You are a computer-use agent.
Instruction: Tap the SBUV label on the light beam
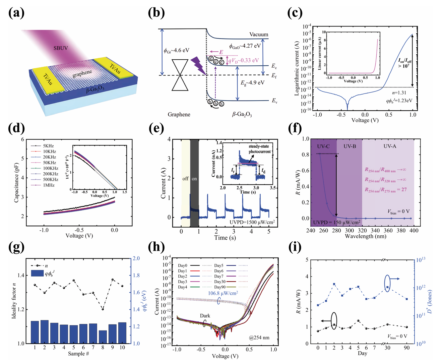(x=61, y=48)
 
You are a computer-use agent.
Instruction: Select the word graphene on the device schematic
(x=82, y=73)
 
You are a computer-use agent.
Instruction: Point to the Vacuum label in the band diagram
(x=259, y=34)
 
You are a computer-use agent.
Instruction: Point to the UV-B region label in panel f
(x=349, y=146)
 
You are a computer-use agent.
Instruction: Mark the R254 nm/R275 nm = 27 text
(x=385, y=190)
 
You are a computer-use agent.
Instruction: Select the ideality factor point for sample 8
(x=103, y=309)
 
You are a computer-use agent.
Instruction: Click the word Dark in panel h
(x=205, y=316)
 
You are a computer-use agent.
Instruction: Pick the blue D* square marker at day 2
(x=334, y=284)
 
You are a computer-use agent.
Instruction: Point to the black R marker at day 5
(x=358, y=321)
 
